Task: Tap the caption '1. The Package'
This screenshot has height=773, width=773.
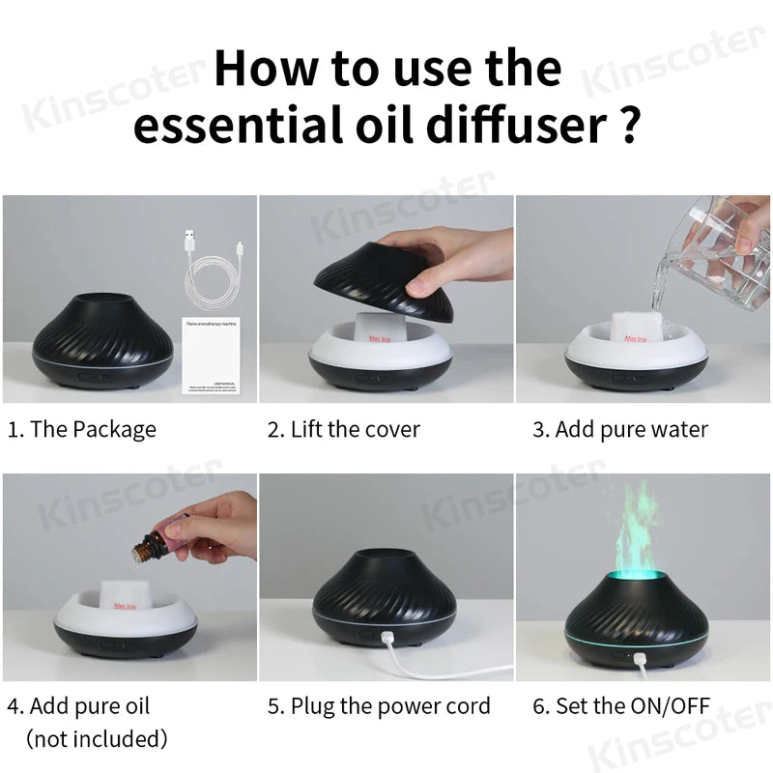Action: [x=82, y=429]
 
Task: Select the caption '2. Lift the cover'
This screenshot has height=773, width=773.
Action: [x=344, y=429]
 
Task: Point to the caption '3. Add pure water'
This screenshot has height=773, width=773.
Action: [x=620, y=429]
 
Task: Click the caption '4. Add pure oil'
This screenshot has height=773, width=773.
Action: [x=79, y=706]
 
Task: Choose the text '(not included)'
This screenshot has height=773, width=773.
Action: [x=97, y=739]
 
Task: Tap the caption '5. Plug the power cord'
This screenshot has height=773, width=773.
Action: [x=379, y=706]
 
